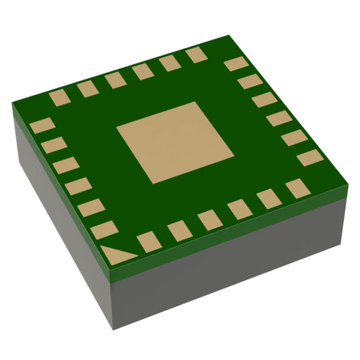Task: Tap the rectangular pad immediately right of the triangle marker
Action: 149,241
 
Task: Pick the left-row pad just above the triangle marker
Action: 104,229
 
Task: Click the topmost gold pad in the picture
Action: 197,55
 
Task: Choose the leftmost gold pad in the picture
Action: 42,125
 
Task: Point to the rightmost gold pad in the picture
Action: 310,157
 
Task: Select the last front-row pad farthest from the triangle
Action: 298,188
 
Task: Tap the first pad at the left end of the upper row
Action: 59,97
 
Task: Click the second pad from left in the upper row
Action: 88,88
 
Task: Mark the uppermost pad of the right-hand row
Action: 236,64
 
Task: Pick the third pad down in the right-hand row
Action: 264,100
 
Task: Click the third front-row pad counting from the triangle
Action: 209,219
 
